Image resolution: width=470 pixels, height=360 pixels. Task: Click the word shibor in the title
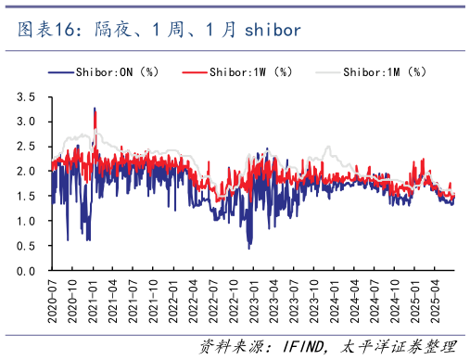point(273,31)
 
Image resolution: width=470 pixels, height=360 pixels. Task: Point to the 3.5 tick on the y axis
point(27,96)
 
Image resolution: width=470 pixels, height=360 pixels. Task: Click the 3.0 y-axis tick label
point(27,122)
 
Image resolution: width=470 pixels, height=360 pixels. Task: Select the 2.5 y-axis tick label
point(27,147)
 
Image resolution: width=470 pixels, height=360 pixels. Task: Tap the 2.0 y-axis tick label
point(27,172)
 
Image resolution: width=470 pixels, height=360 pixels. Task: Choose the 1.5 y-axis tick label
point(27,197)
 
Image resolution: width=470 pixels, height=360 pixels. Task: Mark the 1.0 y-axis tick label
point(27,222)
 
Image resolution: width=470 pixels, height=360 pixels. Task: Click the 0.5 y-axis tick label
point(27,247)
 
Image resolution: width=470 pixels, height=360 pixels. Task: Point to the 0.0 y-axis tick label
point(27,271)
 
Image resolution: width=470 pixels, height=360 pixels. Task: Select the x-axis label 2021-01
point(94,295)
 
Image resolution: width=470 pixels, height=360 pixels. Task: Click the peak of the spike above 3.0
point(95,109)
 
